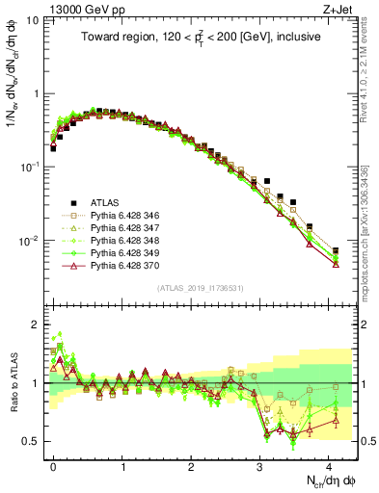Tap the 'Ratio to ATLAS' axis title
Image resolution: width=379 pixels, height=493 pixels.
click(14, 383)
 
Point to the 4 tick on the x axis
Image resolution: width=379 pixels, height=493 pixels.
click(329, 465)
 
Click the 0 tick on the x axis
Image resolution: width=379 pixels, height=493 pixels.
click(54, 465)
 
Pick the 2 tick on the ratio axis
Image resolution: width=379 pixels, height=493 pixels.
click(39, 324)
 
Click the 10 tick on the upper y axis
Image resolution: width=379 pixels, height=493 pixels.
click(37, 20)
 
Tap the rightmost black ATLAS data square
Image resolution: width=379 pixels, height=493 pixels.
click(336, 250)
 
